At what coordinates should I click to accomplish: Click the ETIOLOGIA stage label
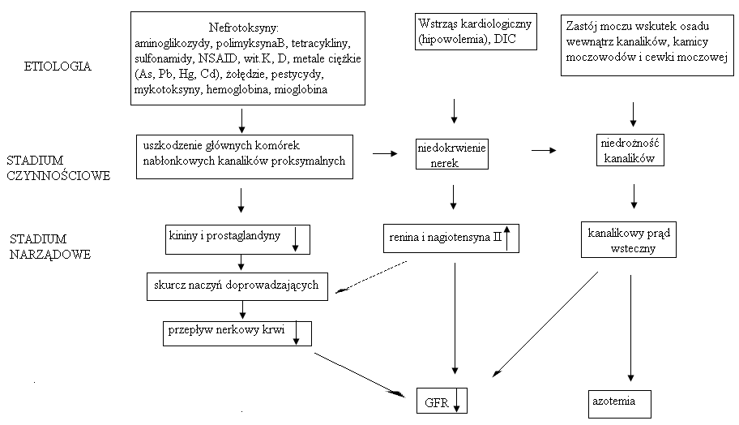58,67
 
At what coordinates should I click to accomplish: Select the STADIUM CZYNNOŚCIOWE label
58,167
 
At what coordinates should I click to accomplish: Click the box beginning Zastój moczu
647,45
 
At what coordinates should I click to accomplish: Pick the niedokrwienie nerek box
451,153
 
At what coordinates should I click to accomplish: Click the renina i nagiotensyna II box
450,238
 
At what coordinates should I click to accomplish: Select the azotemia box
619,401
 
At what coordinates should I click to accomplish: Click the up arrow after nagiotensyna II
507,238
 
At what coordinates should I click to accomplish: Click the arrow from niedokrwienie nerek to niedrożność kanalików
545,150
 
